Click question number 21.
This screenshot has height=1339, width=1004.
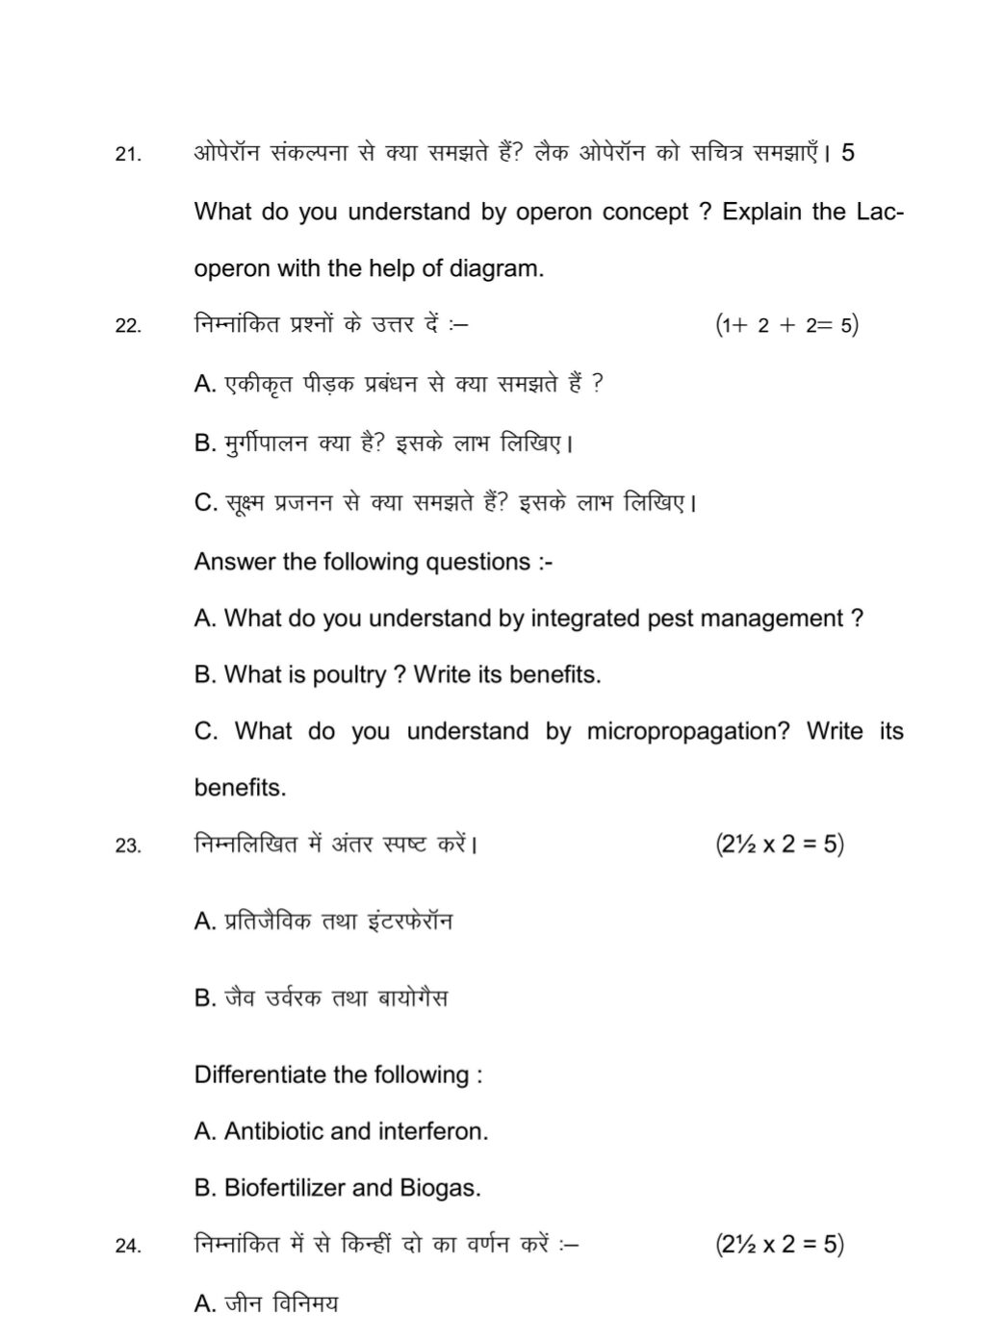128,154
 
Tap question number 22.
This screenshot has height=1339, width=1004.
128,326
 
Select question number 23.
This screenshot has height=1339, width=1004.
128,846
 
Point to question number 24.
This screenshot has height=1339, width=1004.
128,1247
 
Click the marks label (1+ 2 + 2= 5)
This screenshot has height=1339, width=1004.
786,325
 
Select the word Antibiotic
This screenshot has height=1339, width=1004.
273,1131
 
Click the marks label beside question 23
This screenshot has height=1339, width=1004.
779,845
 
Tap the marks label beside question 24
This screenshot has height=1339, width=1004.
779,1245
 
